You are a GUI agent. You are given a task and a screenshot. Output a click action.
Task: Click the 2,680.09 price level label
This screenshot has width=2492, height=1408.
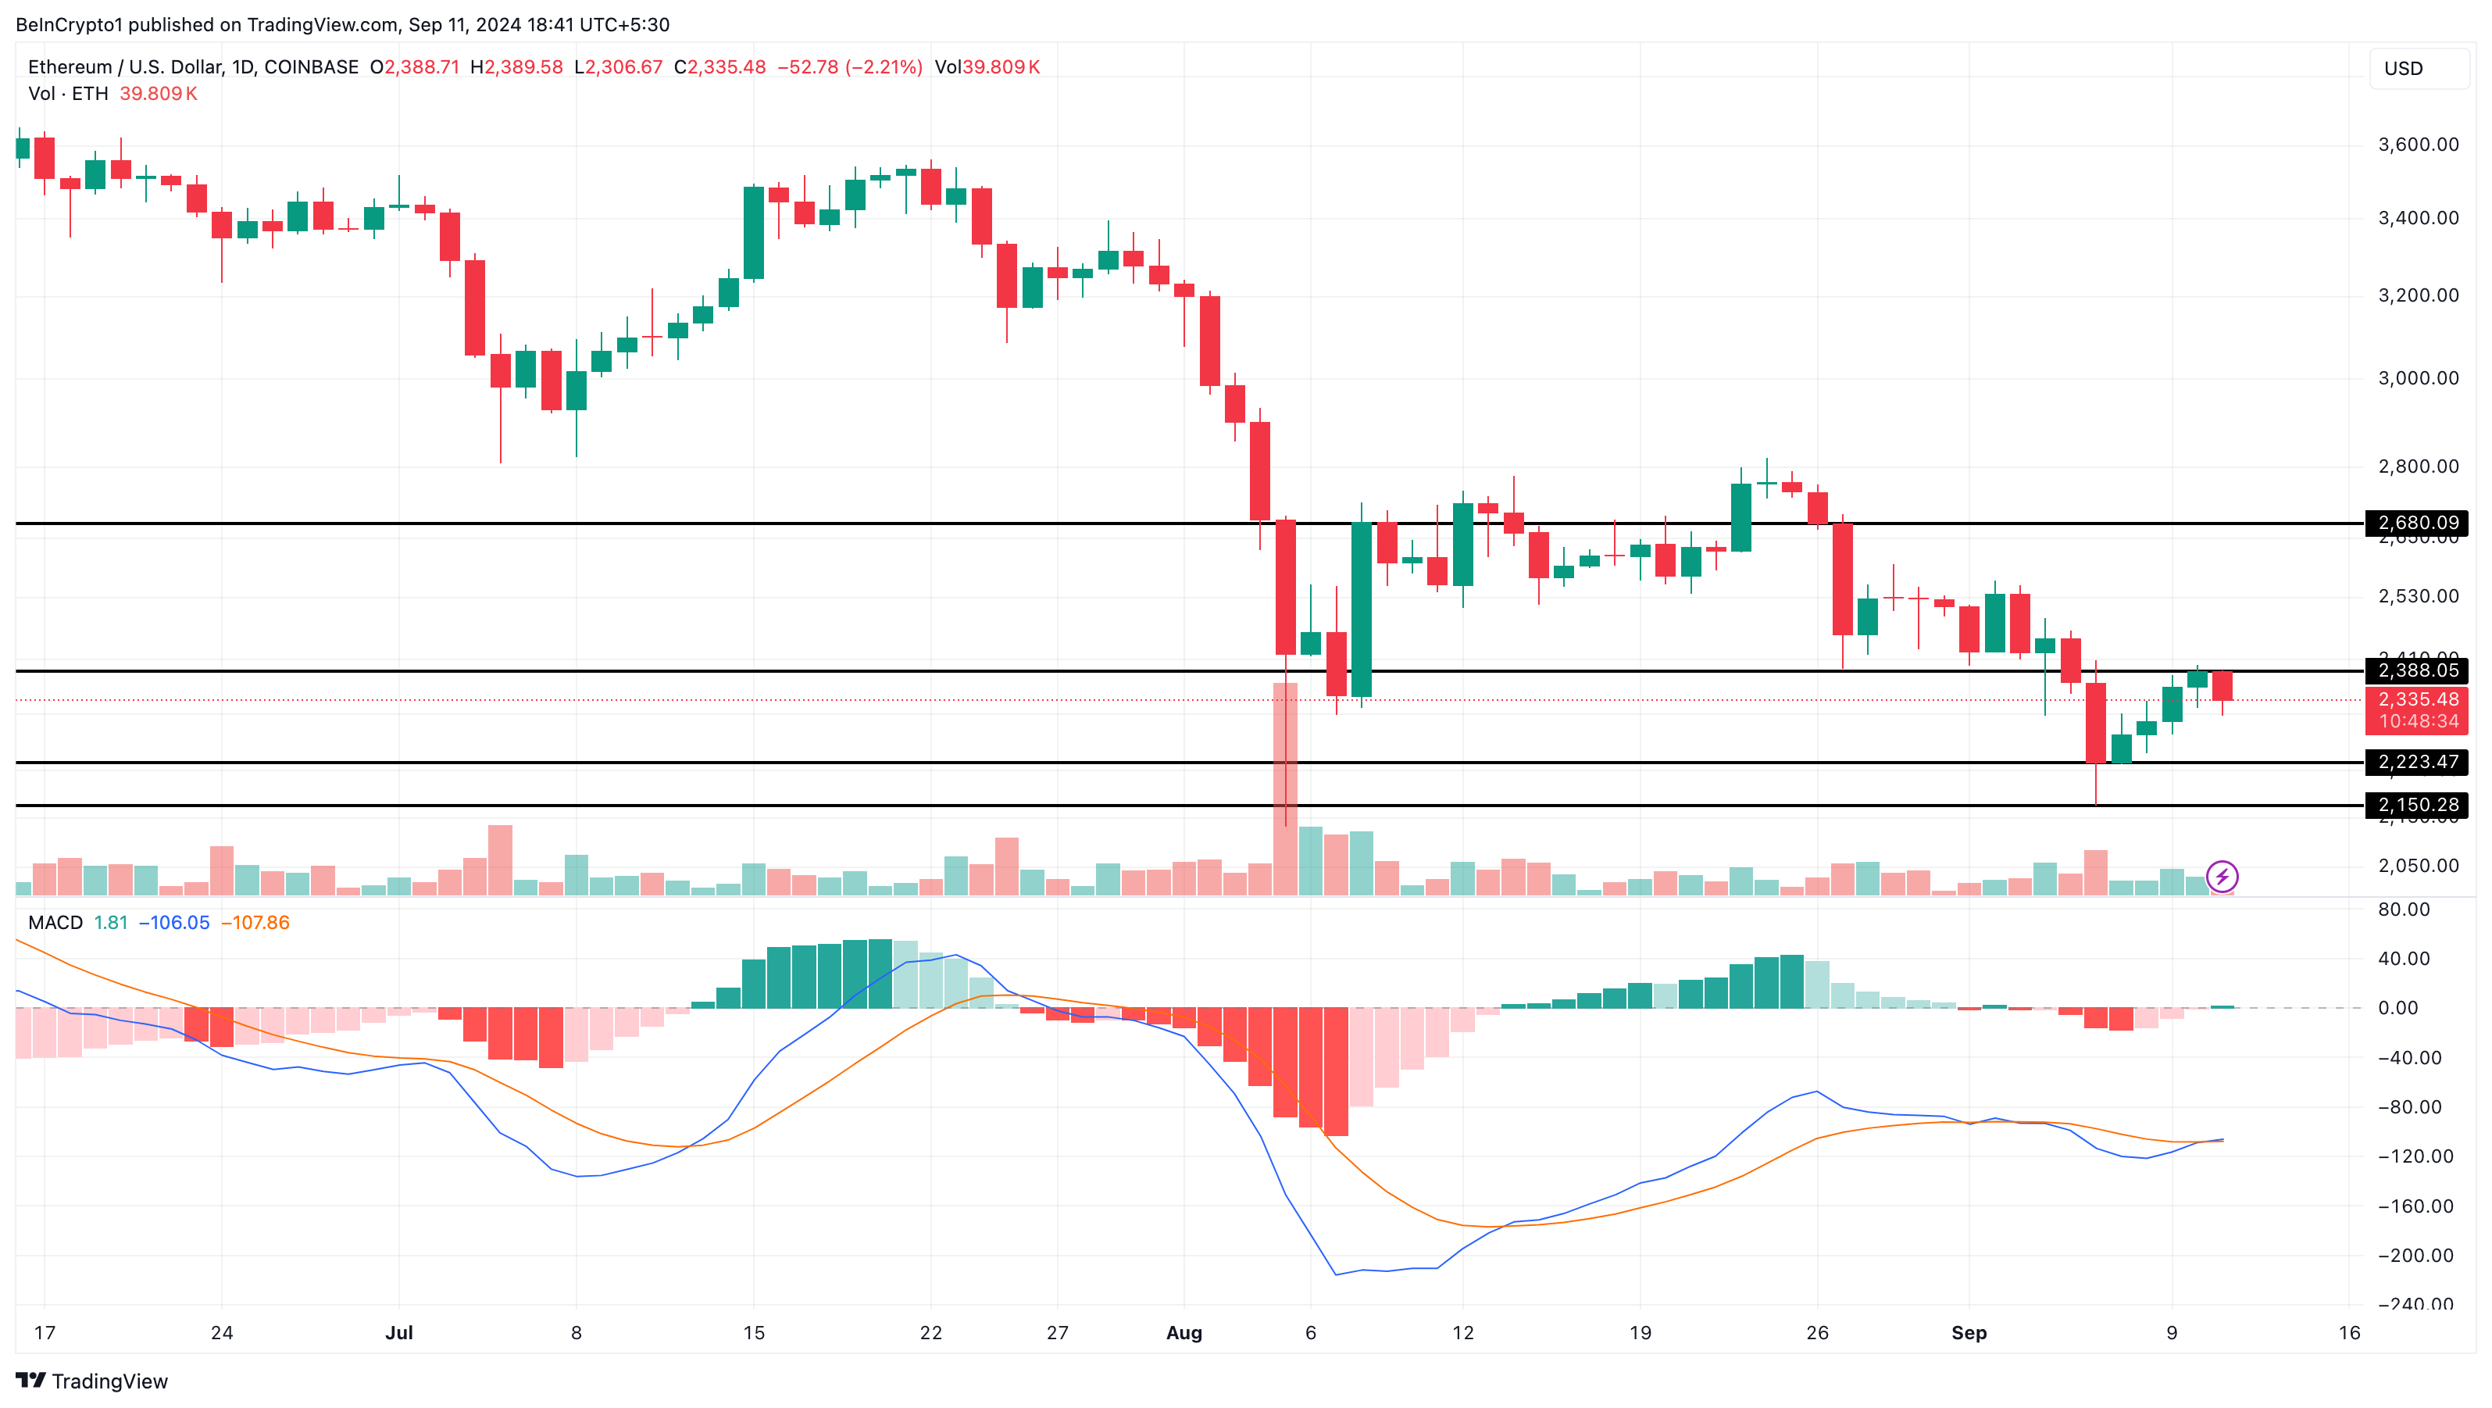pos(2416,524)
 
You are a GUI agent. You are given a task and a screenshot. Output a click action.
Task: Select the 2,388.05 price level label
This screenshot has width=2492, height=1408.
pos(2416,670)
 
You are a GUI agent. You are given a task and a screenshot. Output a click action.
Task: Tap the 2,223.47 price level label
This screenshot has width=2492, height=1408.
pos(2416,763)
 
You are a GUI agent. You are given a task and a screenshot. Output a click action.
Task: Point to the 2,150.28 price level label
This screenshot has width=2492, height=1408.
pos(2416,805)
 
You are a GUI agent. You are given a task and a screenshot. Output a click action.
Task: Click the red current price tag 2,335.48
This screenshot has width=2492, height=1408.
pos(2416,699)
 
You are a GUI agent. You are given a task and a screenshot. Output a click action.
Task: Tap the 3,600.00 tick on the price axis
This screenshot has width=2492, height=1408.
pos(2418,145)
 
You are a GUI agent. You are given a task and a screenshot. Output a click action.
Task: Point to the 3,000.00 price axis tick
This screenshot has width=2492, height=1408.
pos(2418,378)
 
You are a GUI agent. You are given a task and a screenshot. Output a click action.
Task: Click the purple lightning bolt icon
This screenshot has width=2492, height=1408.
pos(2222,877)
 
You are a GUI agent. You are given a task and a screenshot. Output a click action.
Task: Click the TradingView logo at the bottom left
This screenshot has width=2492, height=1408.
pos(92,1381)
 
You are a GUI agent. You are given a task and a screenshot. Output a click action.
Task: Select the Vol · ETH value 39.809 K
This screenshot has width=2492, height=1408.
pos(159,94)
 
